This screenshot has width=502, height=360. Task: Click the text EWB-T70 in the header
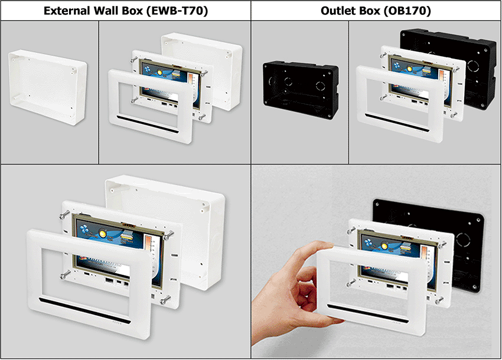[x=177, y=11]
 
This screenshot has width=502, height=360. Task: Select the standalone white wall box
[x=47, y=86]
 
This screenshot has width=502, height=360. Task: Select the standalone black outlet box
[x=301, y=89]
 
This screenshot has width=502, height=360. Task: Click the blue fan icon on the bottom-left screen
[x=85, y=229]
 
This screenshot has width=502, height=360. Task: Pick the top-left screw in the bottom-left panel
[x=64, y=214]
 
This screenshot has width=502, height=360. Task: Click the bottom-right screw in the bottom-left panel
[x=165, y=300]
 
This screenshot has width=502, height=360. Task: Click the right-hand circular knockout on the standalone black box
[x=320, y=86]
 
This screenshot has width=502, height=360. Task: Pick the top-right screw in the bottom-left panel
[x=168, y=235]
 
